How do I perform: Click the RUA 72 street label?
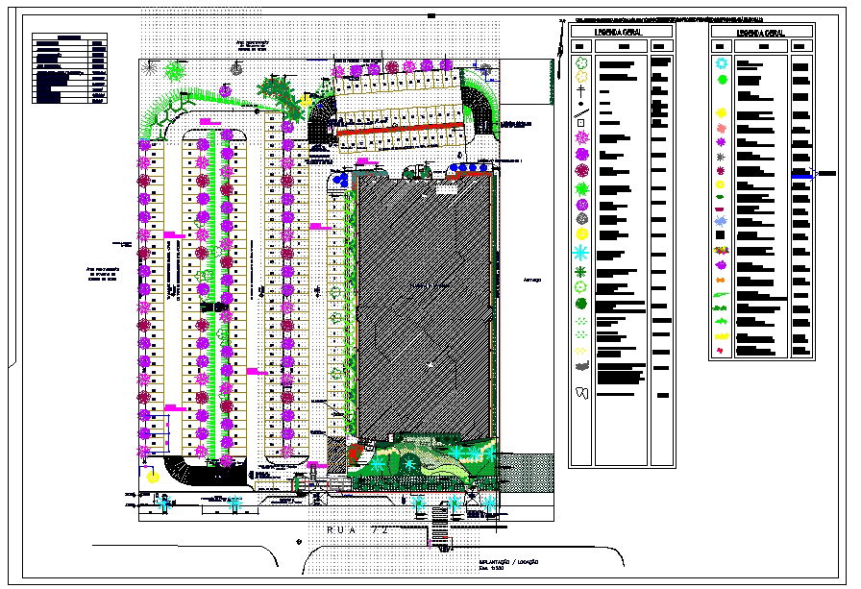point(356,529)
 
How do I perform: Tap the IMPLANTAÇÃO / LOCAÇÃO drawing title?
point(508,562)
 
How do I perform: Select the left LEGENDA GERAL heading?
point(622,32)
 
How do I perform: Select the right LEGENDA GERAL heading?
point(761,32)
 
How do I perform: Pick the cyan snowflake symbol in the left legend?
point(581,253)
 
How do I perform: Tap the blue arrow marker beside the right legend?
point(801,174)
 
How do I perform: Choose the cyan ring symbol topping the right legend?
point(722,63)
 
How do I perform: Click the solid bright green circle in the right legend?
point(722,80)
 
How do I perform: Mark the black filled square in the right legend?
point(720,234)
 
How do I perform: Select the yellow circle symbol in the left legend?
point(581,234)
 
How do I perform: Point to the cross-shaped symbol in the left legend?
point(581,89)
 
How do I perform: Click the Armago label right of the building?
point(531,280)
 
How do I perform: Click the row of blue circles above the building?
point(472,168)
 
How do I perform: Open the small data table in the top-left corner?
point(69,68)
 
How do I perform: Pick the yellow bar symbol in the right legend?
point(721,336)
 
